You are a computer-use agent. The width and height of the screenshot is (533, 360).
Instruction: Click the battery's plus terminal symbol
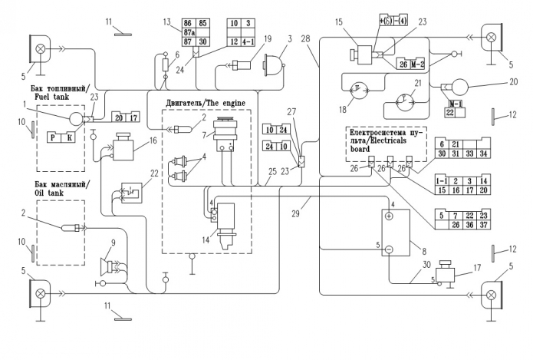tap(388, 217)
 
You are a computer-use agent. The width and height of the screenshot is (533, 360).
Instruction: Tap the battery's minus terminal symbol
tap(388, 249)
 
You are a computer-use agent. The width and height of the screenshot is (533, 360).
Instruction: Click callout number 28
tap(305, 39)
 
